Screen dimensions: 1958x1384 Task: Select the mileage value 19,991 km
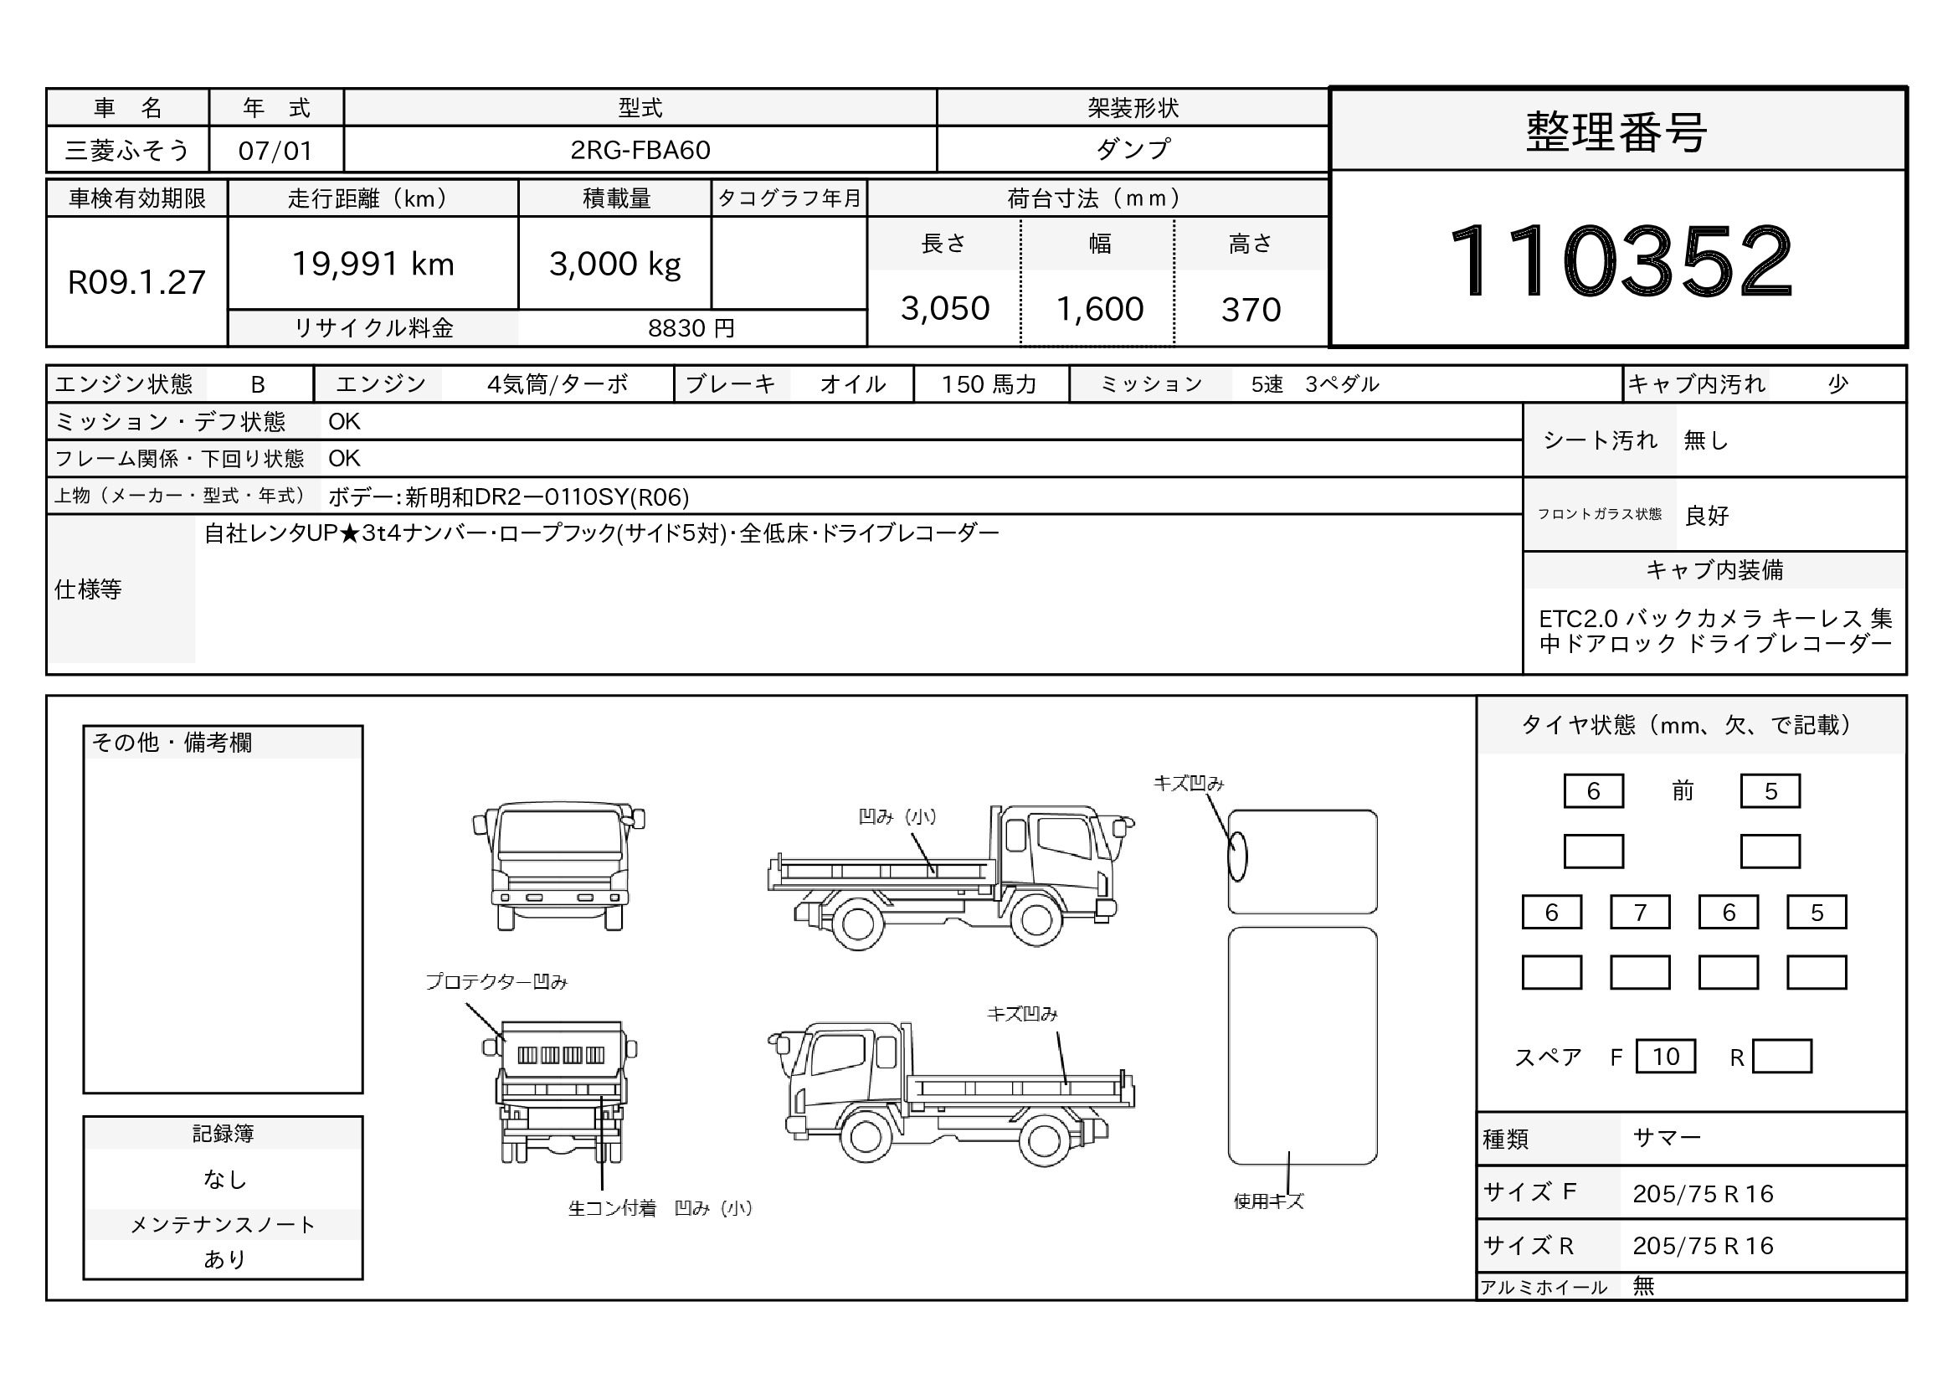373,265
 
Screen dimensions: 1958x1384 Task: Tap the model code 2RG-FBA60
640,150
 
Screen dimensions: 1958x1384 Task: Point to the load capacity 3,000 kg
615,265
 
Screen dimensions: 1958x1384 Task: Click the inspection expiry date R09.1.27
136,282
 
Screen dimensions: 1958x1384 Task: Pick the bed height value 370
1251,310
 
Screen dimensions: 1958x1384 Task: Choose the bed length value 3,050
945,309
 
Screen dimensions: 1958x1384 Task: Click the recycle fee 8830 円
691,328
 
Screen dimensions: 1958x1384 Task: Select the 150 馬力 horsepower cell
989,384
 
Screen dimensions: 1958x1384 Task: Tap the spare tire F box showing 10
1666,1057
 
